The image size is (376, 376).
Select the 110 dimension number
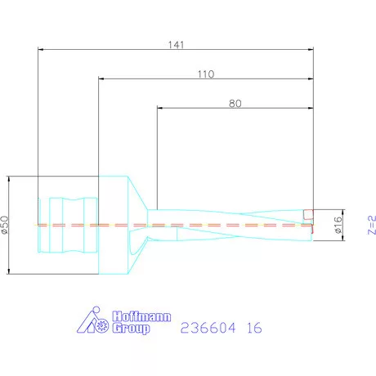click(205, 74)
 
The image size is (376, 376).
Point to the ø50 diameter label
click(7, 226)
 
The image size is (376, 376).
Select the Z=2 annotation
click(370, 226)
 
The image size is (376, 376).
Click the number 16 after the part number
click(253, 327)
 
